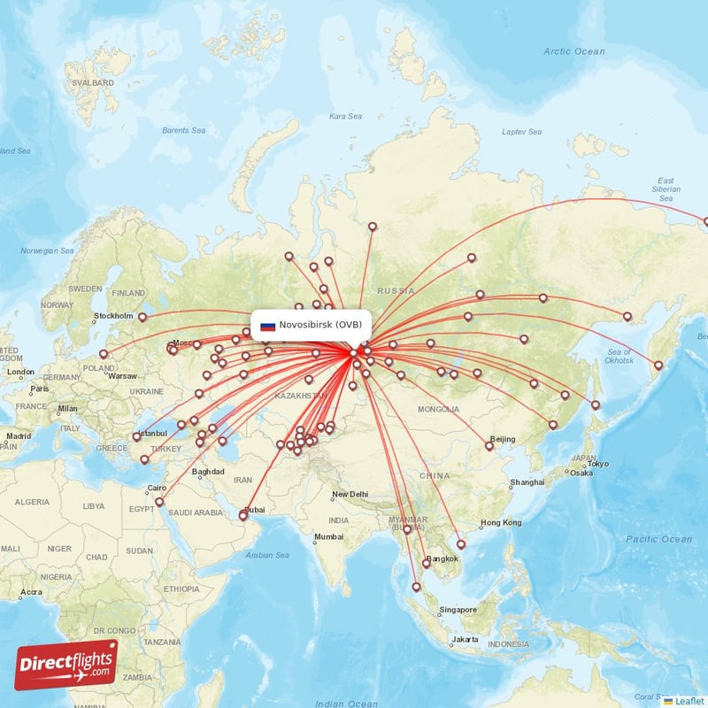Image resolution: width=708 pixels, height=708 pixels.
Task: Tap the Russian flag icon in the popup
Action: (267, 326)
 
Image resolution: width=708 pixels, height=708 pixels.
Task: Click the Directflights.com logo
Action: (66, 665)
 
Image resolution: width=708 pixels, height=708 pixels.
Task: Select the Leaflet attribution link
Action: (689, 701)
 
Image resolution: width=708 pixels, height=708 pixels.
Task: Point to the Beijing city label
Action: (502, 439)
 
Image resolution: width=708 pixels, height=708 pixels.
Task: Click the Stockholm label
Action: (113, 316)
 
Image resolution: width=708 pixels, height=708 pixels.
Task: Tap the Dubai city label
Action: (254, 509)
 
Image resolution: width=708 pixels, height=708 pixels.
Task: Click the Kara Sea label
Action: (345, 116)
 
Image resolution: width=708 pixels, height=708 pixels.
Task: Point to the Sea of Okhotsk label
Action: (619, 357)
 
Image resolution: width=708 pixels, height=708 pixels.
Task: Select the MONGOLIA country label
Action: (439, 409)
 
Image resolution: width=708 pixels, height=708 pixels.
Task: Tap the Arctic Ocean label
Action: (574, 51)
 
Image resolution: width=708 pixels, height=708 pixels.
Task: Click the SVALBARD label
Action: (95, 83)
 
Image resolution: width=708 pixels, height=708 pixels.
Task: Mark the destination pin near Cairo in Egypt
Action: (159, 502)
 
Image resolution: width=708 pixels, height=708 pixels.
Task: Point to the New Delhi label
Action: (350, 494)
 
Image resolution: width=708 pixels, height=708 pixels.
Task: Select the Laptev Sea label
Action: (521, 132)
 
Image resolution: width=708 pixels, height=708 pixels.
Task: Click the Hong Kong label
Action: (501, 523)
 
